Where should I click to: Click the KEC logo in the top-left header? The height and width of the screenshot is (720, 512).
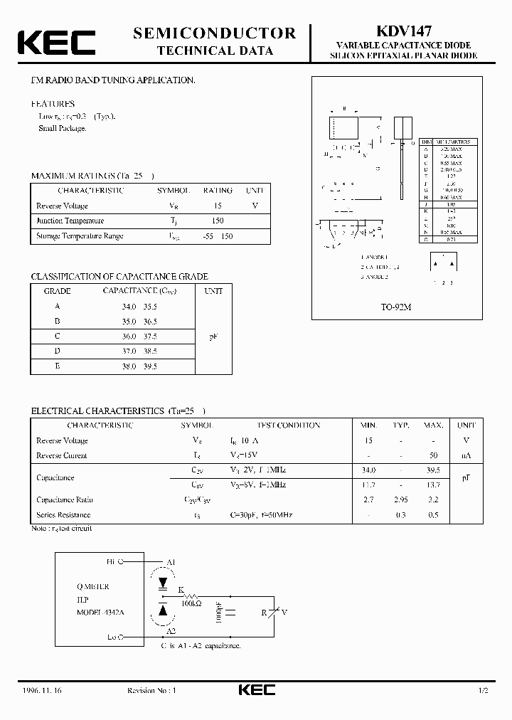(x=56, y=42)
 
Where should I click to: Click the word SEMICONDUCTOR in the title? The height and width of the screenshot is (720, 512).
(x=214, y=33)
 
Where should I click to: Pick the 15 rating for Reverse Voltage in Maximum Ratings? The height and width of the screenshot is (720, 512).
(x=218, y=206)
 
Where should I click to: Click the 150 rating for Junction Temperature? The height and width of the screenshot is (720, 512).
(x=218, y=221)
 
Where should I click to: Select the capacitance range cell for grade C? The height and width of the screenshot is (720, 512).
(x=139, y=336)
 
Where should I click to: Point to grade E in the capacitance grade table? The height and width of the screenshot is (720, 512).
(x=58, y=366)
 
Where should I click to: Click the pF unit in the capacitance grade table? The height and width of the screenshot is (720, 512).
(x=213, y=336)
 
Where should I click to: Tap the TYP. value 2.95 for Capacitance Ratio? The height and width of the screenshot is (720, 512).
(x=400, y=500)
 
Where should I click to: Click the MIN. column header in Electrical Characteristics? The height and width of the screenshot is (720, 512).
(x=368, y=425)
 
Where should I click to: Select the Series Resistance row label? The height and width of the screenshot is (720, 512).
(x=63, y=515)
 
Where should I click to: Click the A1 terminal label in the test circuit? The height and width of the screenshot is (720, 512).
(x=171, y=561)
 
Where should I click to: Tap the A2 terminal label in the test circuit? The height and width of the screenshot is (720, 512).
(x=171, y=630)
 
